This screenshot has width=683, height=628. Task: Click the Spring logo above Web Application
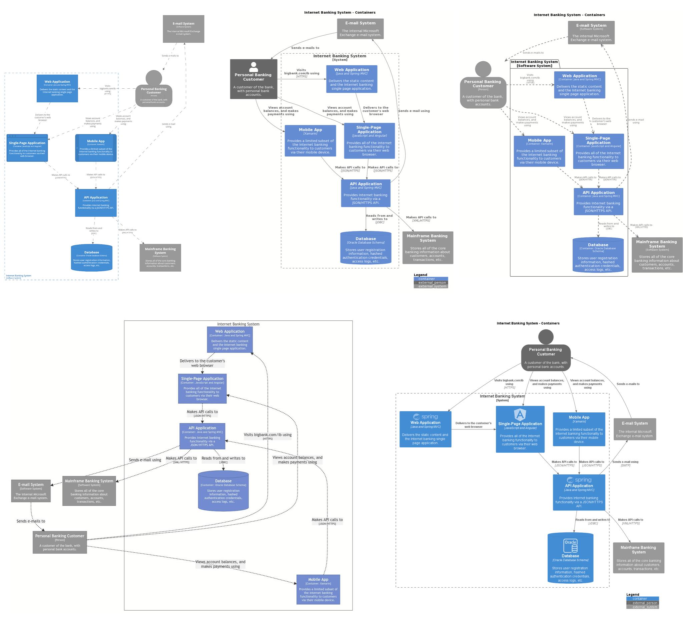425,417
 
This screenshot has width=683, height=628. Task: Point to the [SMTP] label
625,466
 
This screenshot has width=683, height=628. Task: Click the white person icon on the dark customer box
253,67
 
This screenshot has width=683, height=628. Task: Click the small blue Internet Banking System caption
18,276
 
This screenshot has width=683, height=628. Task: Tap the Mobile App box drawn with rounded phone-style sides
96,148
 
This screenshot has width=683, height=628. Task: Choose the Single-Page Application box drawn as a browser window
27,148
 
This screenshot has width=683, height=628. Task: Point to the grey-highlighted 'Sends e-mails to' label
31,521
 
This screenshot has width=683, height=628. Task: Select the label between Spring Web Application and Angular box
473,425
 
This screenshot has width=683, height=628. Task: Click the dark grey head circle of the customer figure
546,337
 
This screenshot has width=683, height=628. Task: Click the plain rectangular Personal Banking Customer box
60,542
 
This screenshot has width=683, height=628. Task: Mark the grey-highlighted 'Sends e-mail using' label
145,460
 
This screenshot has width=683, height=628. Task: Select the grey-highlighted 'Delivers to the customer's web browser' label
202,363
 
